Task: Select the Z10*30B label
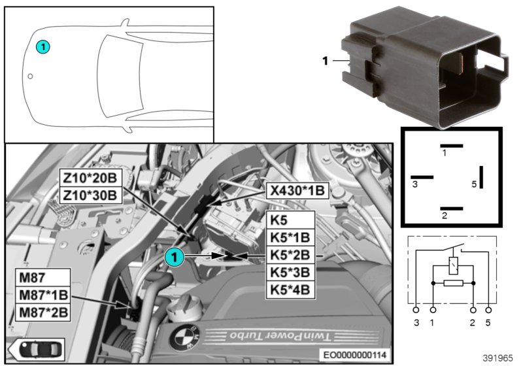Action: [x=90, y=195]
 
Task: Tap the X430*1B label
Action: [x=297, y=190]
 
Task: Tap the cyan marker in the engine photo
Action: [x=175, y=258]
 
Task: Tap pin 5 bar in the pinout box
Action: [x=481, y=176]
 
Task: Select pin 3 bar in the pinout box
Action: [x=422, y=176]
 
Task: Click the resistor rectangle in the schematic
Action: [x=453, y=284]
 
